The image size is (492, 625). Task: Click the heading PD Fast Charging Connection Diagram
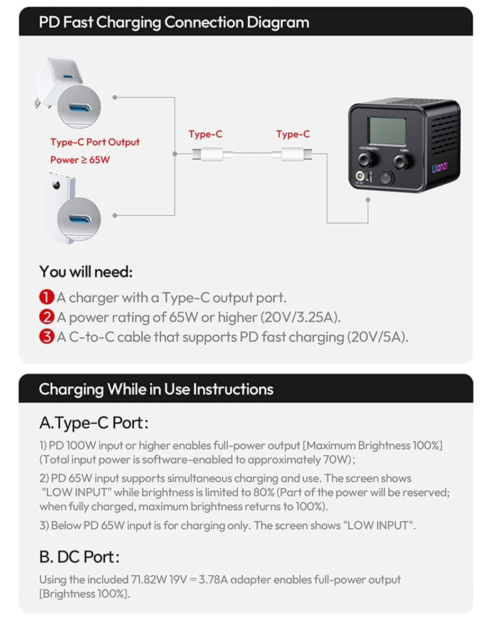click(174, 23)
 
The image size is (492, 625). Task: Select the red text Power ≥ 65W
click(80, 159)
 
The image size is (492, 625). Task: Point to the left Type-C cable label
click(205, 134)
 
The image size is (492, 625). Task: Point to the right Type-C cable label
click(293, 134)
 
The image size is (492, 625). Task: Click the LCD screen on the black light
click(387, 131)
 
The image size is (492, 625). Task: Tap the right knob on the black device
click(402, 160)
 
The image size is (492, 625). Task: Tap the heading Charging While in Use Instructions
click(156, 389)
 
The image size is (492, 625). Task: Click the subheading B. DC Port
click(79, 556)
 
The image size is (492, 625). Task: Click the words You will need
click(85, 272)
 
